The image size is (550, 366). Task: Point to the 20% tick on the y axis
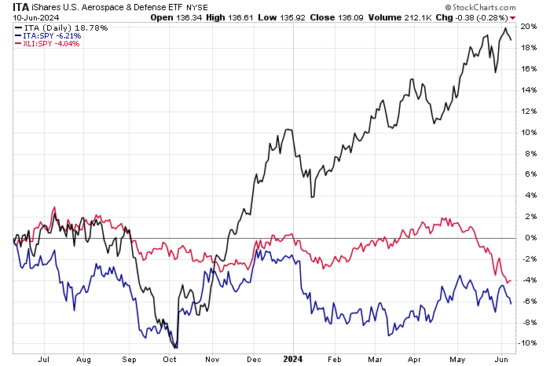click(x=530, y=27)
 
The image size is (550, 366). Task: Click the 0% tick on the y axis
click(x=530, y=237)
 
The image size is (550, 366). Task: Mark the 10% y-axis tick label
click(x=530, y=132)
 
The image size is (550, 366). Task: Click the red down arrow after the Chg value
click(x=513, y=17)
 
